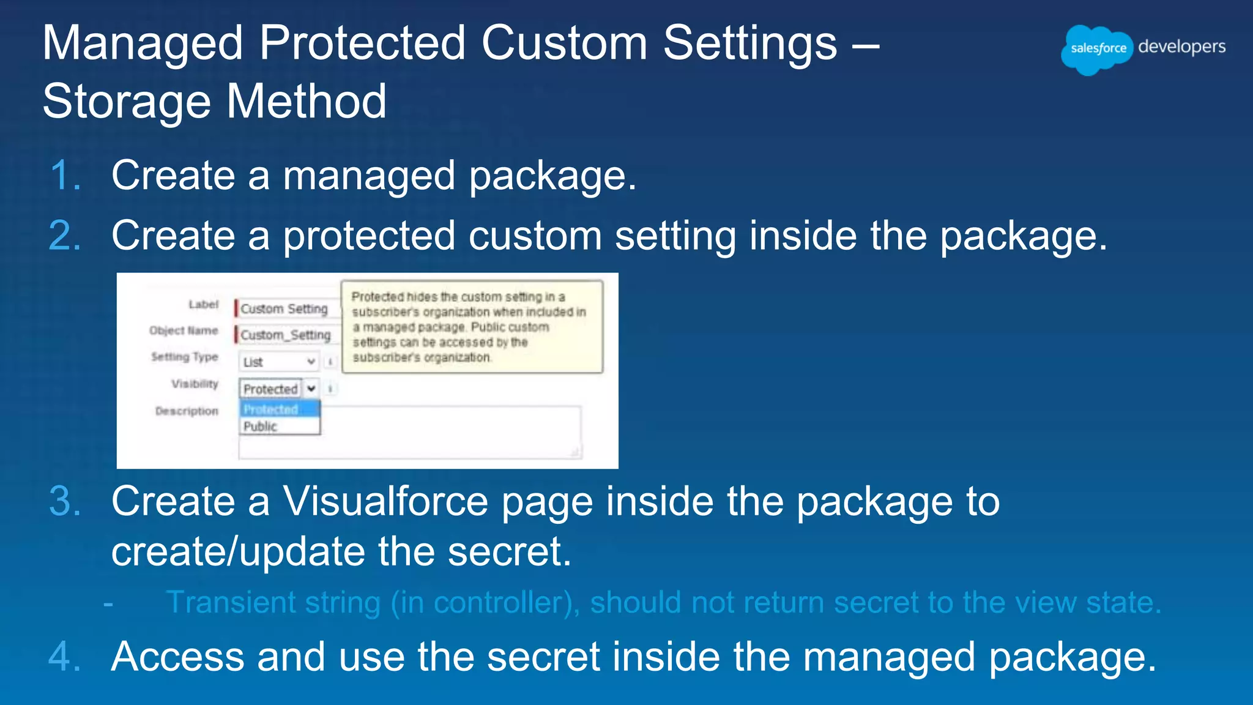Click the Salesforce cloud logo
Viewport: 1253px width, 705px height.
point(1097,49)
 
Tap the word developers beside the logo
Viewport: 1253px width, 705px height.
point(1181,47)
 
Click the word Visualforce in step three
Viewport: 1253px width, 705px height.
point(385,501)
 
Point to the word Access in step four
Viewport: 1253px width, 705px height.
point(177,657)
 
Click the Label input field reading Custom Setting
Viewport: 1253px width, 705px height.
point(285,308)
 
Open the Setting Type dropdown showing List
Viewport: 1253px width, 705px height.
point(279,362)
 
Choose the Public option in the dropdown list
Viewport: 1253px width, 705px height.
point(261,427)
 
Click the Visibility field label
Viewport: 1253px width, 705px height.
point(195,384)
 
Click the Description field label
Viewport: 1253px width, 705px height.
point(187,411)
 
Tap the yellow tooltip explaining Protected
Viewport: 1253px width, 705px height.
point(472,327)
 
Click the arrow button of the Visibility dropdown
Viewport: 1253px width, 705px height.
point(311,389)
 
